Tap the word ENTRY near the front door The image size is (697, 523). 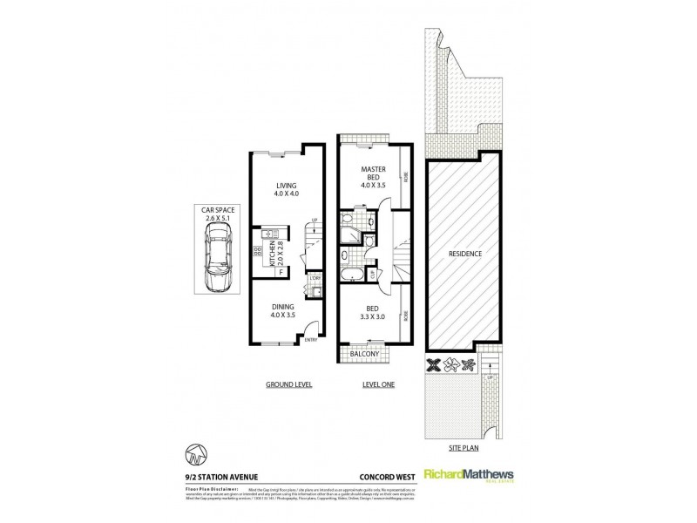click(x=311, y=342)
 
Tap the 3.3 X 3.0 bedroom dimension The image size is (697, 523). click(x=373, y=318)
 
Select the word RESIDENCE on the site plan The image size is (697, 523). click(x=465, y=253)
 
